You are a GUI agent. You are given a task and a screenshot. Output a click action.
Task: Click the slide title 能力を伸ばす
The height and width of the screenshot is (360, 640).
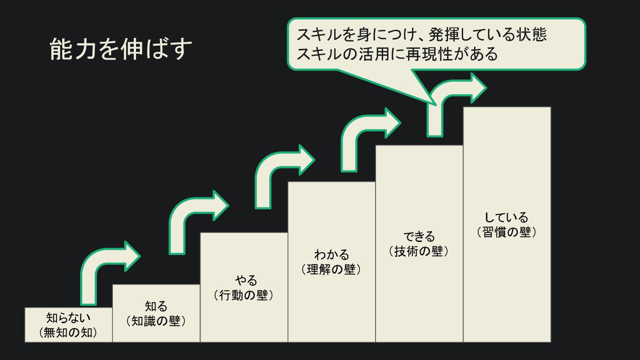pos(120,49)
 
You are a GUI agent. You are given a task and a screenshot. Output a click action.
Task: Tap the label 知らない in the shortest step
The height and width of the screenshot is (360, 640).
pos(68,318)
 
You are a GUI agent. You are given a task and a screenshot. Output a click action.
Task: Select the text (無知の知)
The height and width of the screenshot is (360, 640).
pos(68,332)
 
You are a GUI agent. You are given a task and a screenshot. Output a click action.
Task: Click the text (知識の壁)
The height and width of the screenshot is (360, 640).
pos(156,321)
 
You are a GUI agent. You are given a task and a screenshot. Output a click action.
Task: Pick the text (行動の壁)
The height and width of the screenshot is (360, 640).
pos(244,295)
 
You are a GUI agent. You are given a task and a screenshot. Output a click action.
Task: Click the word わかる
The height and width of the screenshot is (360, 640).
pos(332,255)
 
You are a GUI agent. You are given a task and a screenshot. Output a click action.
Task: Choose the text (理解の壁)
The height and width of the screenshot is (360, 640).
pos(331,269)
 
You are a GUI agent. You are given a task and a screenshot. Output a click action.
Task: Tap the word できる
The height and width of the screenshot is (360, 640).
pos(419,236)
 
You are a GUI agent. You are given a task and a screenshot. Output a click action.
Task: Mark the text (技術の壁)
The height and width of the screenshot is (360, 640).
pos(419,251)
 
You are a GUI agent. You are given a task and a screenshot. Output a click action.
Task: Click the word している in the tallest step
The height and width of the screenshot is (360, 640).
pos(507,217)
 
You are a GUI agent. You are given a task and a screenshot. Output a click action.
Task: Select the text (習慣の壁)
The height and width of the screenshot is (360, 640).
pos(507,232)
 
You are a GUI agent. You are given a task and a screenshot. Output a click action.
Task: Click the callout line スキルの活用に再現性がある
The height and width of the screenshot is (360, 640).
pos(397,54)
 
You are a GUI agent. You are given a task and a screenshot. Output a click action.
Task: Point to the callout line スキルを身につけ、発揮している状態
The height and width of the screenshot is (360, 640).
pos(421,35)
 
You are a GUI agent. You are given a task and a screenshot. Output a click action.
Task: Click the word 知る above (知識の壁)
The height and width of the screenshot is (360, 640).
pos(156,306)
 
